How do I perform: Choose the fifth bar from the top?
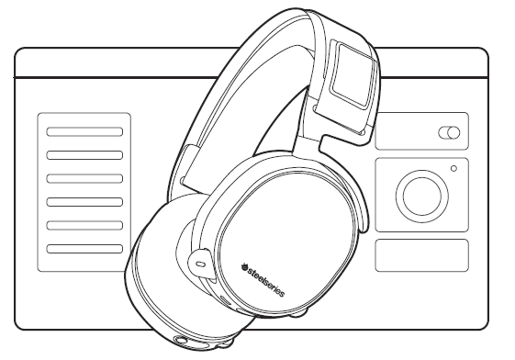pos(84,224)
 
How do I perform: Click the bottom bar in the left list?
pos(84,247)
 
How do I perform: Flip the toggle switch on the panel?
pos(449,134)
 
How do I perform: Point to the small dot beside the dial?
pos(453,168)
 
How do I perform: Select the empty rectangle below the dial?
pos(421,254)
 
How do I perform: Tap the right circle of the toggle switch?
pos(453,134)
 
